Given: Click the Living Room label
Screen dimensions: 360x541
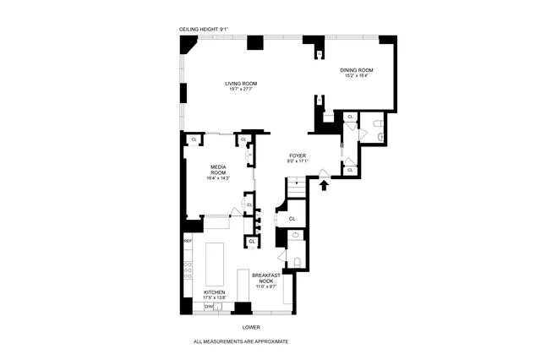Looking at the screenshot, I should click(241, 84).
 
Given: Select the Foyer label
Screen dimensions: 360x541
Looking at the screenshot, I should click(297, 155).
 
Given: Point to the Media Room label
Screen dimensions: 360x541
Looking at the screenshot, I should click(218, 168).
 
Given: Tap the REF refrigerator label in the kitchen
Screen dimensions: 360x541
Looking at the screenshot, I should click(188, 242).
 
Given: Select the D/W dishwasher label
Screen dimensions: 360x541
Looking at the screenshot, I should click(208, 306).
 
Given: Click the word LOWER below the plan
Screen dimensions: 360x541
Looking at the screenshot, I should click(251, 327).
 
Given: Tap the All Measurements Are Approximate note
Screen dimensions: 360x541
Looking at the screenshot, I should click(241, 341).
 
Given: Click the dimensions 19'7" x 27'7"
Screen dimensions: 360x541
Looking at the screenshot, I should click(241, 90).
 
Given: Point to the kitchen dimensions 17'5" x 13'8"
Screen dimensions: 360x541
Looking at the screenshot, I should click(215, 297).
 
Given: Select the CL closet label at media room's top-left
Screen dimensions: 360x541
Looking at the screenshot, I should click(194, 139).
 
